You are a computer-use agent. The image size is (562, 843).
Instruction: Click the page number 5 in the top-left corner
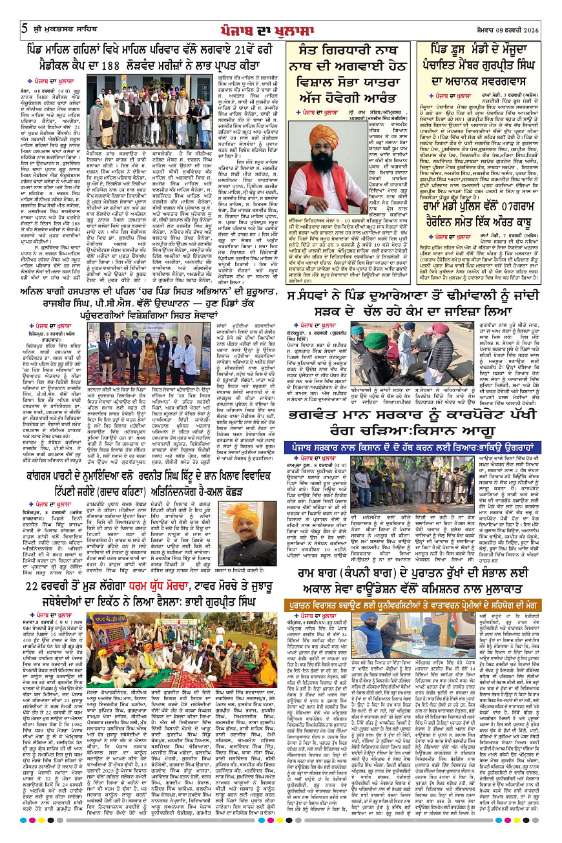[24, 28]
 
